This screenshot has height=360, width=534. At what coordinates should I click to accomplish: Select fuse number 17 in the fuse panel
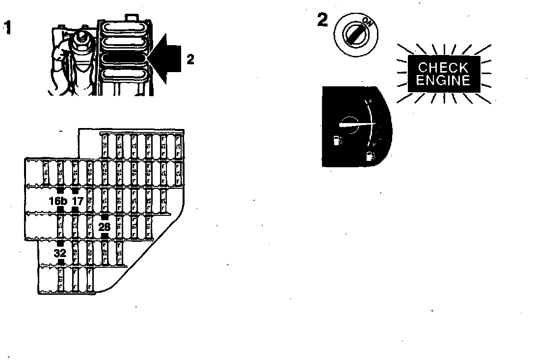pyautogui.click(x=78, y=201)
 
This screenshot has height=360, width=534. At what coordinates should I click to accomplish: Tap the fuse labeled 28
pyautogui.click(x=105, y=227)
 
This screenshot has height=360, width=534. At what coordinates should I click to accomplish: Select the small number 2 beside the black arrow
pyautogui.click(x=190, y=59)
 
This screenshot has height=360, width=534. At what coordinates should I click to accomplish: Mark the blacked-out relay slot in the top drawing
pyautogui.click(x=125, y=57)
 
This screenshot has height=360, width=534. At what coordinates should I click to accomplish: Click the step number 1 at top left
pyautogui.click(x=7, y=26)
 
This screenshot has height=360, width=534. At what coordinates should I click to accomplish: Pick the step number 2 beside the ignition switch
pyautogui.click(x=322, y=21)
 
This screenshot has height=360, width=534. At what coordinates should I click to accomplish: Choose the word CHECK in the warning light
pyautogui.click(x=443, y=68)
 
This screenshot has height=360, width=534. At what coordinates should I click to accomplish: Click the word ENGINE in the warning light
pyautogui.click(x=443, y=80)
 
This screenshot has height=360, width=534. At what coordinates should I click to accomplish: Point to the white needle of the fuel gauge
pyautogui.click(x=355, y=126)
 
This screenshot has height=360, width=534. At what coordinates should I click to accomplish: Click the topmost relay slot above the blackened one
pyautogui.click(x=125, y=28)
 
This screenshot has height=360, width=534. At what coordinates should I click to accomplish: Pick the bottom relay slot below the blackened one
pyautogui.click(x=125, y=75)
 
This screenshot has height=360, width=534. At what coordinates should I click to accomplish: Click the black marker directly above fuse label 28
pyautogui.click(x=105, y=216)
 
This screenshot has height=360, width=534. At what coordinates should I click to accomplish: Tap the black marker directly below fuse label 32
pyautogui.click(x=60, y=263)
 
